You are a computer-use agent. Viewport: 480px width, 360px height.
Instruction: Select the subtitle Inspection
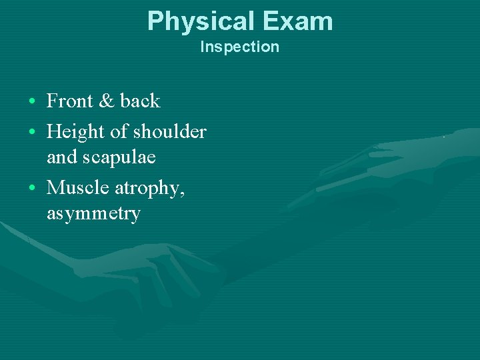[240, 47]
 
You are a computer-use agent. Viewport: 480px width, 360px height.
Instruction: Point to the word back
[140, 101]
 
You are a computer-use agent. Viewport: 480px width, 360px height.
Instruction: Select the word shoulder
[169, 132]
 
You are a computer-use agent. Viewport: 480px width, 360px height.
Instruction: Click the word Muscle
[79, 188]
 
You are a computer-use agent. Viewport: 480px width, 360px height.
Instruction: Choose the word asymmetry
[93, 215]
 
